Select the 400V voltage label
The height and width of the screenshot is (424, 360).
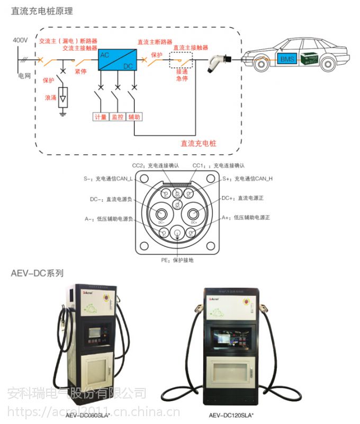pyautogui.click(x=20, y=40)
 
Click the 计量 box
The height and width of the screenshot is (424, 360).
pyautogui.click(x=100, y=117)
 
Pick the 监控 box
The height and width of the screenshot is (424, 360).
pyautogui.click(x=117, y=117)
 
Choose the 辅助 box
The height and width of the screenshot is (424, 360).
pyautogui.click(x=134, y=117)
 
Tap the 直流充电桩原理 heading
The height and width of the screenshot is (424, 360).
pyautogui.click(x=42, y=11)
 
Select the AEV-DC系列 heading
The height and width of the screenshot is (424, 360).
pyautogui.click(x=37, y=273)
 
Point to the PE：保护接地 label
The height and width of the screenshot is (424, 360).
pyautogui.click(x=177, y=260)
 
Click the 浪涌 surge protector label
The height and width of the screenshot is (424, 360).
pyautogui.click(x=50, y=98)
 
